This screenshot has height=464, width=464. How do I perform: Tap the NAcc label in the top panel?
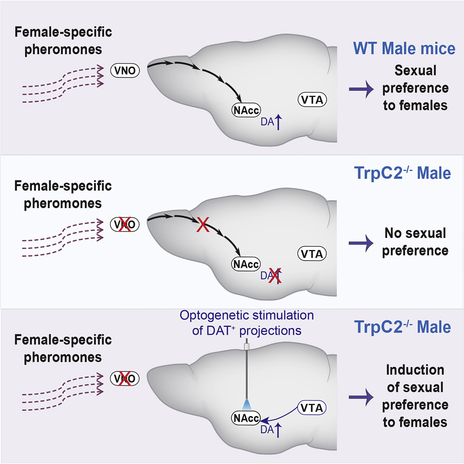click(246, 110)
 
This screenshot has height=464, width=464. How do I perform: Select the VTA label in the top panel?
click(312, 99)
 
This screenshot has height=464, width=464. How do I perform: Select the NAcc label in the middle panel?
click(246, 264)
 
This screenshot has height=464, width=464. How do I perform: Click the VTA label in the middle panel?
click(312, 253)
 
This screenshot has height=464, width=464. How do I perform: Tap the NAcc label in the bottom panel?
click(246, 417)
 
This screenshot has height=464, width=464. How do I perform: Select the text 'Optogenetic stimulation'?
click(246, 315)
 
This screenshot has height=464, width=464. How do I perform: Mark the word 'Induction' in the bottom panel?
click(415, 370)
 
